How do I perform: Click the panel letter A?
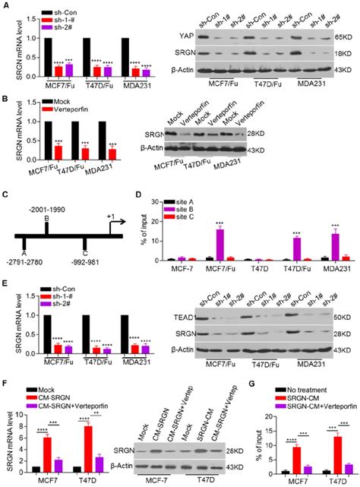[5, 6]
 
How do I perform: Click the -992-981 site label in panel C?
[92, 264]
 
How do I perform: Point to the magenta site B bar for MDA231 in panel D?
[333, 247]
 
